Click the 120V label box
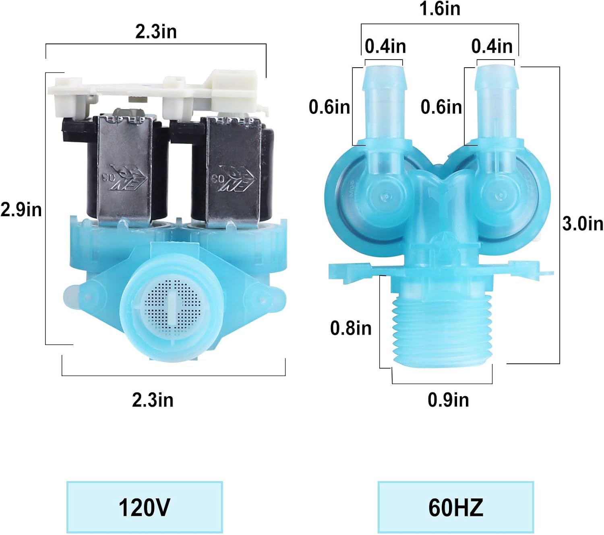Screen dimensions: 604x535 tap(145, 507)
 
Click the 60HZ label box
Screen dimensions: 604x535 tap(455, 507)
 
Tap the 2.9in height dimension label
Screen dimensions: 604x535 tap(21, 209)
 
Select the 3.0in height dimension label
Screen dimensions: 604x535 tap(583, 223)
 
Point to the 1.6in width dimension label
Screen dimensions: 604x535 tap(440, 8)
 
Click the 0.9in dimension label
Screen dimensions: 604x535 tap(448, 400)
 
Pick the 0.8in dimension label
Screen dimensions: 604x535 tap(351, 328)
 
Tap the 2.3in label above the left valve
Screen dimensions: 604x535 tap(156, 31)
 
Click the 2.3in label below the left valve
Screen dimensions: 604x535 tap(153, 400)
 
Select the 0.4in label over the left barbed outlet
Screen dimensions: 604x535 tap(385, 46)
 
